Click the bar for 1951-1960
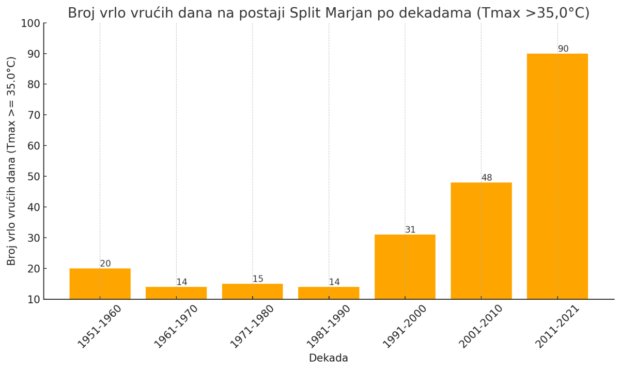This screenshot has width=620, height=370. click(x=100, y=284)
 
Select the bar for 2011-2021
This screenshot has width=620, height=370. click(x=557, y=176)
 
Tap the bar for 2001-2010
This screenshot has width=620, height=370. click(x=481, y=241)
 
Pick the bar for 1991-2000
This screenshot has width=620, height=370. click(x=405, y=267)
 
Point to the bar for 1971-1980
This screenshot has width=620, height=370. click(x=252, y=291)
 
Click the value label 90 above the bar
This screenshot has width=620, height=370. click(x=563, y=49)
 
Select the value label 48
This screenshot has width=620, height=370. click(x=487, y=178)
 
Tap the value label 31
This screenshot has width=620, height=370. click(x=410, y=230)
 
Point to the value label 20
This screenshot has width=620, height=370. click(x=105, y=264)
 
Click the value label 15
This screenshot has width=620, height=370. click(x=258, y=279)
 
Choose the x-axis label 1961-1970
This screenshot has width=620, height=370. click(x=176, y=327)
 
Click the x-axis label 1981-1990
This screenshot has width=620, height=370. click(x=328, y=327)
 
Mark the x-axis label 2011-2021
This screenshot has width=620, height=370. click(x=557, y=327)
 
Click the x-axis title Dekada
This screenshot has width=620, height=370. click(x=329, y=358)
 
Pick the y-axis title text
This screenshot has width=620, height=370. click(x=12, y=161)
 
